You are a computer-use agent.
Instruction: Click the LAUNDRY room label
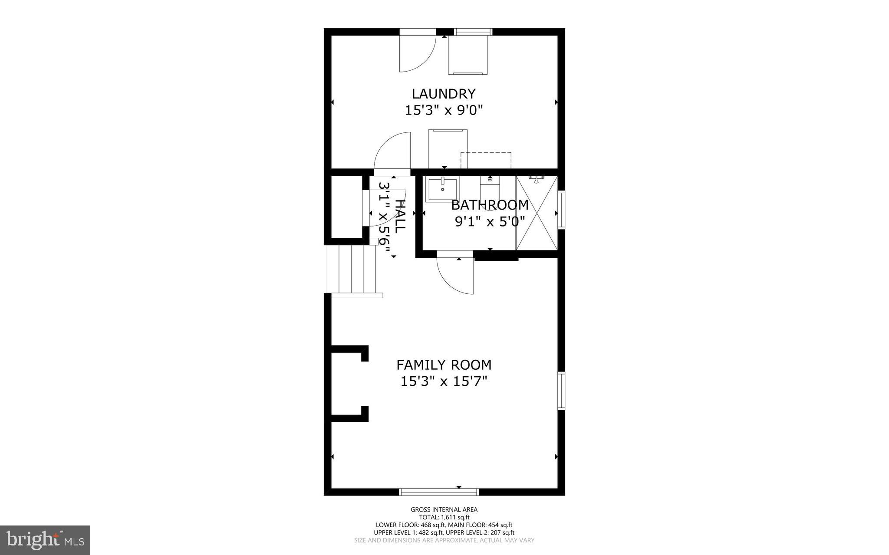pyautogui.click(x=444, y=94)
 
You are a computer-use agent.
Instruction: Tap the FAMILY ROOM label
pyautogui.click(x=444, y=365)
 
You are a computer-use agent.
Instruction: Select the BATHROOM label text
pyautogui.click(x=490, y=205)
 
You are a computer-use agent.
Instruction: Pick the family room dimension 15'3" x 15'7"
pyautogui.click(x=444, y=381)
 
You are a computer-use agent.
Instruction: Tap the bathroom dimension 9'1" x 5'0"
pyautogui.click(x=490, y=222)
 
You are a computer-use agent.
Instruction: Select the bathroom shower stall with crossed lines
pyautogui.click(x=536, y=213)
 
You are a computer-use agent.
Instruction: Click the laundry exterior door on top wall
pyautogui.click(x=417, y=52)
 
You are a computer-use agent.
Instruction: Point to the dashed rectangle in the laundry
pyautogui.click(x=486, y=160)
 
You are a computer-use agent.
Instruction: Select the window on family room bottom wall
pyautogui.click(x=438, y=492)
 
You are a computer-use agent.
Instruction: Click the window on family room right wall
pyautogui.click(x=561, y=391)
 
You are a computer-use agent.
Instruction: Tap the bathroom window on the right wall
pyautogui.click(x=561, y=210)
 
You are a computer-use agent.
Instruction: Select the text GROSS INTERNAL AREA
pyautogui.click(x=444, y=509)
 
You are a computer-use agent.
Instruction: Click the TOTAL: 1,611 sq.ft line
pyautogui.click(x=444, y=517)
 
